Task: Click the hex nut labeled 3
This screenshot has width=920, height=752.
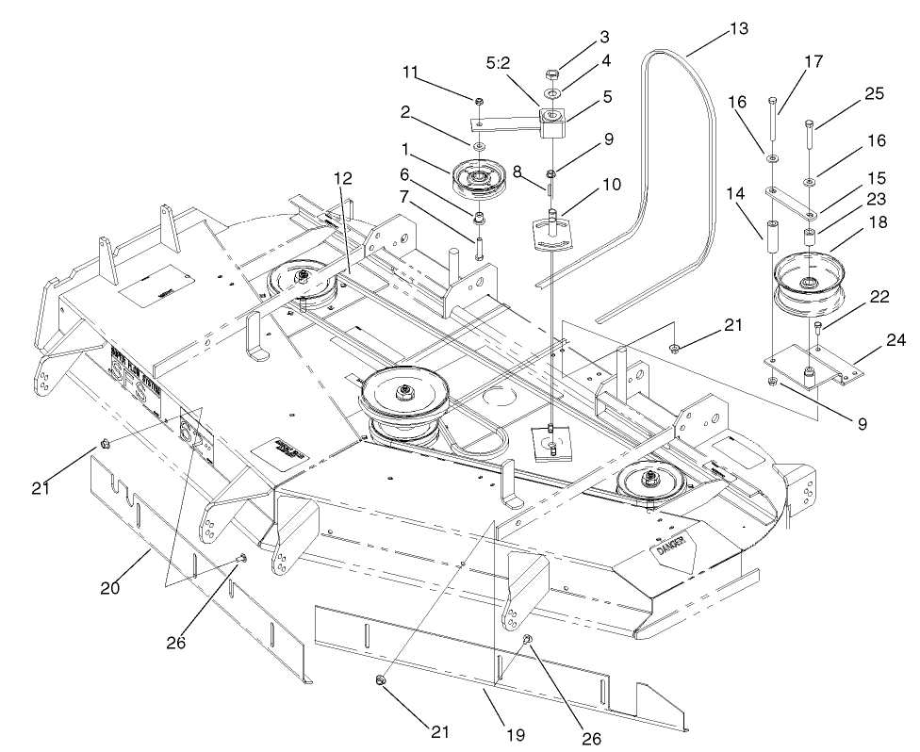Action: (551, 74)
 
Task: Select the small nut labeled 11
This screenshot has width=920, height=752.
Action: (480, 102)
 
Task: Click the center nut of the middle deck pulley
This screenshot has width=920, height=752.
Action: (403, 389)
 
